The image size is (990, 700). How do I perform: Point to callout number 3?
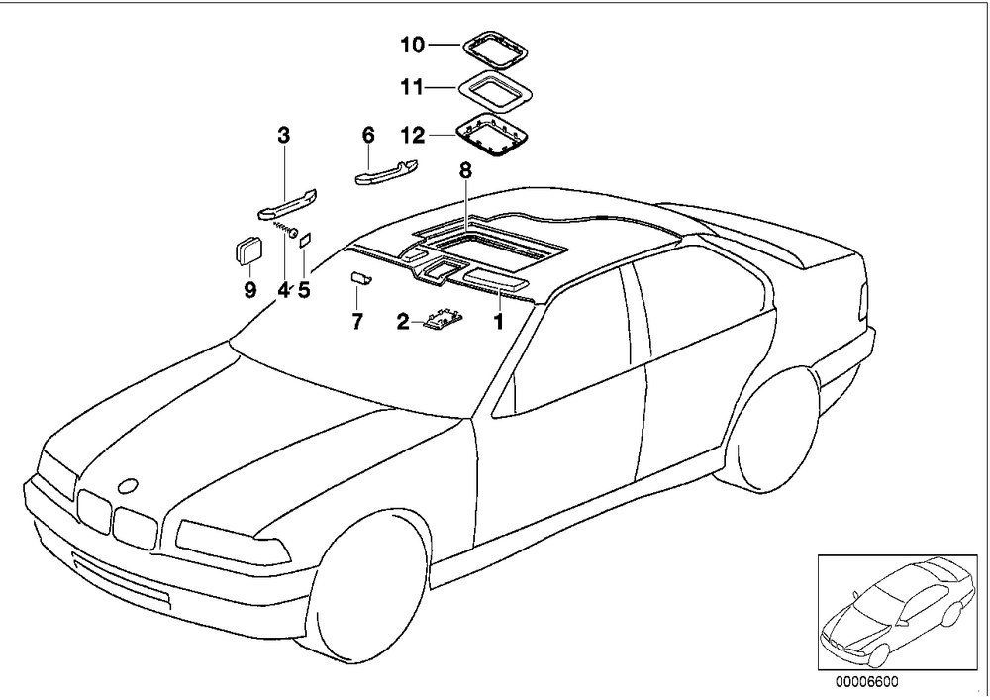(284, 135)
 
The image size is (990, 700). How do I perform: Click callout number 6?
(368, 135)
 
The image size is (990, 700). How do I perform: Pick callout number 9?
(250, 290)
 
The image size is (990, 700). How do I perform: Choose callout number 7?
(357, 322)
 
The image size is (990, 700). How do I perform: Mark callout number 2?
(403, 322)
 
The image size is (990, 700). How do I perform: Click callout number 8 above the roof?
(465, 169)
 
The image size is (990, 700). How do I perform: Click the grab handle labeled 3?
(287, 206)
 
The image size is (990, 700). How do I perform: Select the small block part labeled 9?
(247, 249)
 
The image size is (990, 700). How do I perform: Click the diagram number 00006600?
(865, 682)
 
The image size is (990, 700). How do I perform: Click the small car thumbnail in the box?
(897, 612)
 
